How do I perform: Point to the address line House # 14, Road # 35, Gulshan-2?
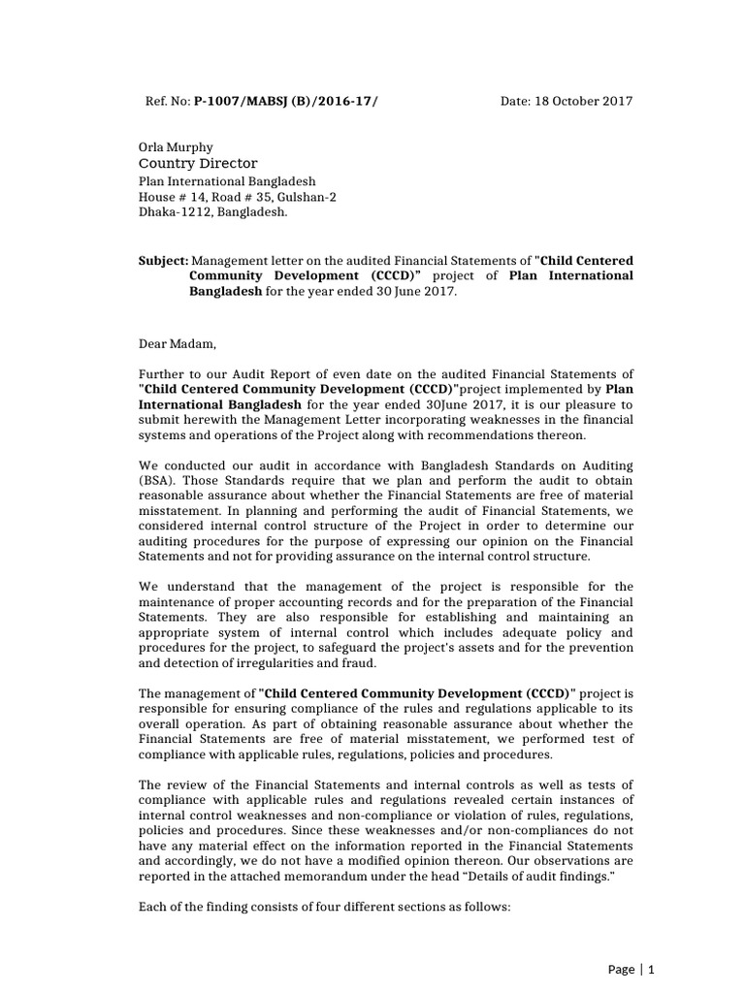(249, 196)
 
